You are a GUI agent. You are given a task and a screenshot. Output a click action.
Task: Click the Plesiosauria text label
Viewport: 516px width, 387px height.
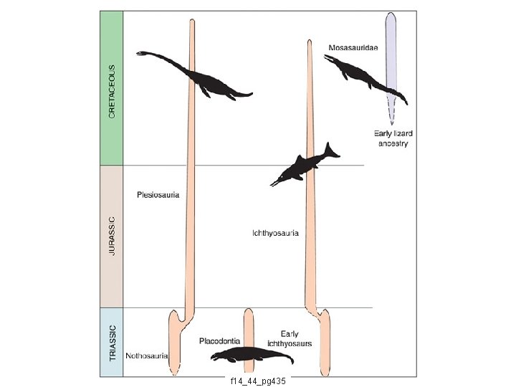tap(158, 193)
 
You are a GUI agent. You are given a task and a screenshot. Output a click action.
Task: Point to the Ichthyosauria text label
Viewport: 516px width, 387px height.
tap(275, 233)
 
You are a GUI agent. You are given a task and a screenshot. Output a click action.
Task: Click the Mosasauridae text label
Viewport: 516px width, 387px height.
tap(353, 47)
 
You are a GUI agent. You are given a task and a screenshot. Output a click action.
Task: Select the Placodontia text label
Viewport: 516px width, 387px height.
tap(219, 341)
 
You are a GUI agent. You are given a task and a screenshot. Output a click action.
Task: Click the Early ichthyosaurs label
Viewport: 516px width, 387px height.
tap(290, 338)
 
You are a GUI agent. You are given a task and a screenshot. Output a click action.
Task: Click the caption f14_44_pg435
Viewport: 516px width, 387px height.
tap(257, 381)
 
